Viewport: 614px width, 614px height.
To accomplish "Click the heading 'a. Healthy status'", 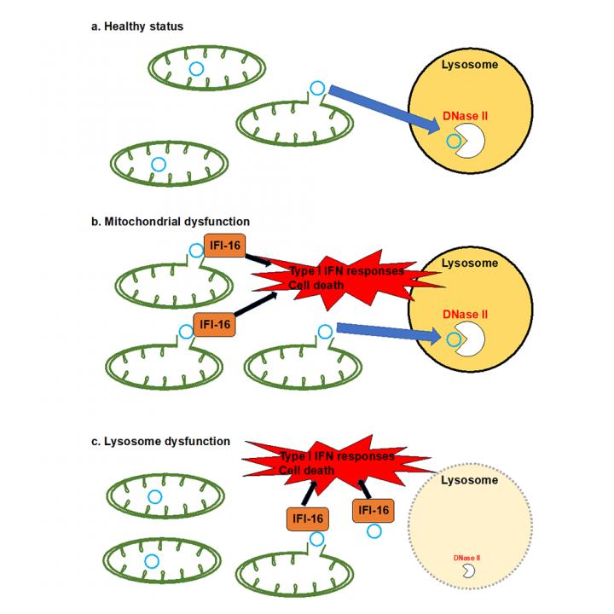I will (x=136, y=26).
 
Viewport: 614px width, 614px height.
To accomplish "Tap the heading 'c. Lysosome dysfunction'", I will (x=159, y=441).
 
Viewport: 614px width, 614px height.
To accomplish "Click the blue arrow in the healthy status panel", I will (x=383, y=108).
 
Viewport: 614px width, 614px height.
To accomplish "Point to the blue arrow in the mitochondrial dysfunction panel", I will (x=389, y=333).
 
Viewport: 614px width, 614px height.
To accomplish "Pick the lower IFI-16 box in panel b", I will (x=212, y=325).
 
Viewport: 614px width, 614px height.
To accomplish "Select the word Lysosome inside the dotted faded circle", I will (x=469, y=481).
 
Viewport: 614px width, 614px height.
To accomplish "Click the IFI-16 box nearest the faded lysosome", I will (x=372, y=510).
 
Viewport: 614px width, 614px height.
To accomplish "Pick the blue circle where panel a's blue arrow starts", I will (x=317, y=87).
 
